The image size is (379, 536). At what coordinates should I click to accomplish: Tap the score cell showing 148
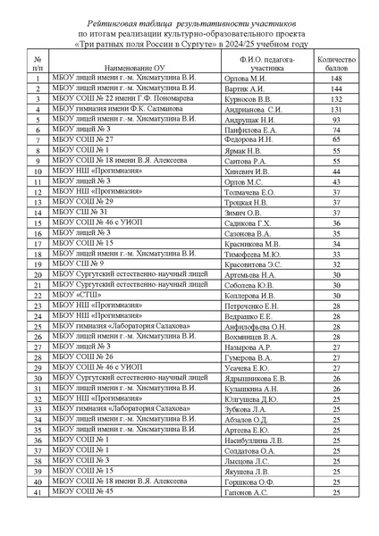(336, 79)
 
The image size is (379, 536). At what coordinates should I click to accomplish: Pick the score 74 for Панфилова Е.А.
(336, 130)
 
